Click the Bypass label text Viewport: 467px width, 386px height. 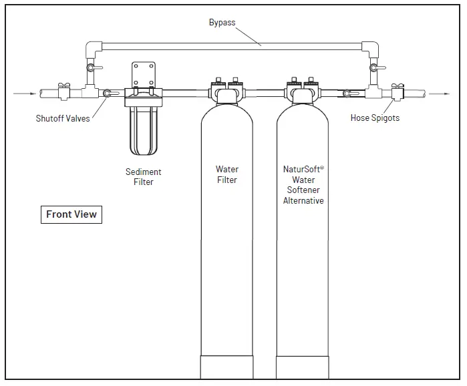tap(222, 23)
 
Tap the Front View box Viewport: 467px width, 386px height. tap(71, 214)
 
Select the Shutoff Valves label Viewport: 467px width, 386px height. tap(63, 119)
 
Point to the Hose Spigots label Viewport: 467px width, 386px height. tap(375, 119)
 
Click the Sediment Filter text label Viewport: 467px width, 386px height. tap(144, 176)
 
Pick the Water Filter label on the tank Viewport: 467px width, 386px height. tap(227, 174)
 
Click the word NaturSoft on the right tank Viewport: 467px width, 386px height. tap(301, 170)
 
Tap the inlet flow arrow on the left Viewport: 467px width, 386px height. tap(22, 94)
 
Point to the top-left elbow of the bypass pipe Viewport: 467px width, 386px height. tap(93, 48)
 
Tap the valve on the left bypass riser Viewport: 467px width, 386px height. tap(93, 69)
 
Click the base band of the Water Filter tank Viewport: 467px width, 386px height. tap(227, 368)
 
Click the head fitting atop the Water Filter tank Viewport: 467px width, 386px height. tap(227, 90)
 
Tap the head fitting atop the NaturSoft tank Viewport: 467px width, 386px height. tap(301, 90)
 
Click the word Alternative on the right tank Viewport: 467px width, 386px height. tap(303, 200)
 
